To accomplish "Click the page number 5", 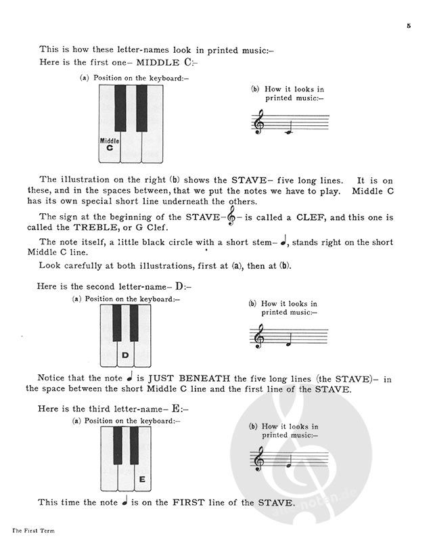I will [409, 26].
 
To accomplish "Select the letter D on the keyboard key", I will [125, 355].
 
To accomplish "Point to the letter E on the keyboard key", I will [141, 480].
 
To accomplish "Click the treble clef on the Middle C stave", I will [258, 123].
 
